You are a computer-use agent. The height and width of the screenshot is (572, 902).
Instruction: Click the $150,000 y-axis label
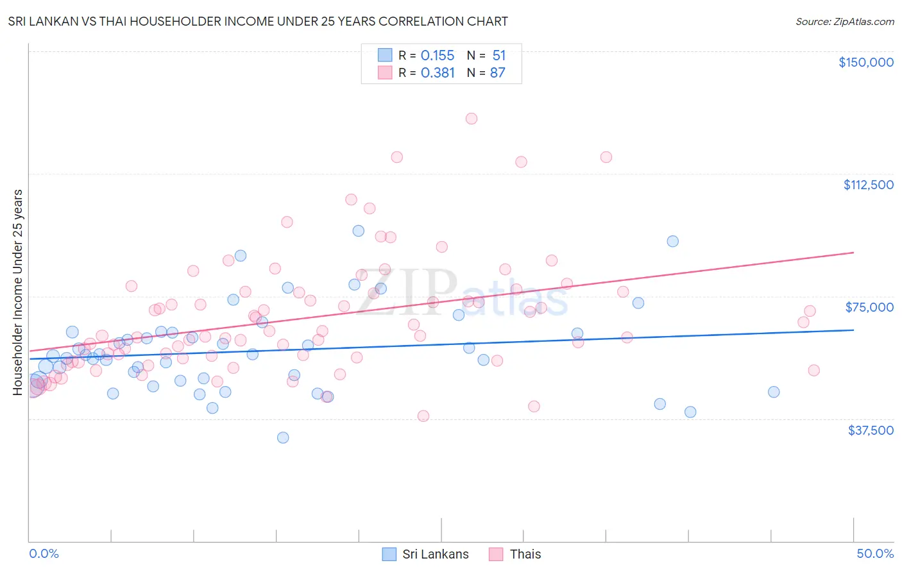(865, 62)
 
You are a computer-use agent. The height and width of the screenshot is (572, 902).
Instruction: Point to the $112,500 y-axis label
(868, 185)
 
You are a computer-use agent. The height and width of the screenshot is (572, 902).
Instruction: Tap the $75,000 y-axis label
(869, 307)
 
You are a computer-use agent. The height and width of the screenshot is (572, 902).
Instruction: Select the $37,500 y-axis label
(871, 430)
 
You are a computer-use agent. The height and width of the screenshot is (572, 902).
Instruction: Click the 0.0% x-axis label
(44, 553)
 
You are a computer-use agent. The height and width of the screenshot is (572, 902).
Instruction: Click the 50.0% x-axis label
(875, 553)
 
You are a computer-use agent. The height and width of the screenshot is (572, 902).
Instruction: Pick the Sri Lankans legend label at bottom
(435, 554)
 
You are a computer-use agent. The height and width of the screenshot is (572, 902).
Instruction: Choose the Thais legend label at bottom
(525, 554)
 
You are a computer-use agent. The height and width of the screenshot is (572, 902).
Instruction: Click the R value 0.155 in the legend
(438, 56)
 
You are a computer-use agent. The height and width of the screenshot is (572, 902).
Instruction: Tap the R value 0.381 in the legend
(438, 73)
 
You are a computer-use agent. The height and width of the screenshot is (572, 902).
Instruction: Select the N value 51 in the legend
(498, 56)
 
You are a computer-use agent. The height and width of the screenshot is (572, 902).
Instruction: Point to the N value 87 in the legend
(497, 73)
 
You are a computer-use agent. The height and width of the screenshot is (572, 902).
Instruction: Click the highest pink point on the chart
(472, 119)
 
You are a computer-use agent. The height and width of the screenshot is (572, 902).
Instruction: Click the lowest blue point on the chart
(283, 438)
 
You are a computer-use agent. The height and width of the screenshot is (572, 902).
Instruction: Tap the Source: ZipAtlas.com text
(844, 22)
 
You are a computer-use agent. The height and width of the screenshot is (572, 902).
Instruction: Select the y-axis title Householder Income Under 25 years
(18, 292)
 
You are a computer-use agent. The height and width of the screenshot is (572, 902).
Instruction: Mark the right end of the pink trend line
(853, 253)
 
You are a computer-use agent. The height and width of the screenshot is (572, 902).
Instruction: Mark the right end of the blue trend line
(853, 330)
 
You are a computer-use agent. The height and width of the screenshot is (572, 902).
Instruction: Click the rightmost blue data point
(774, 392)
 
